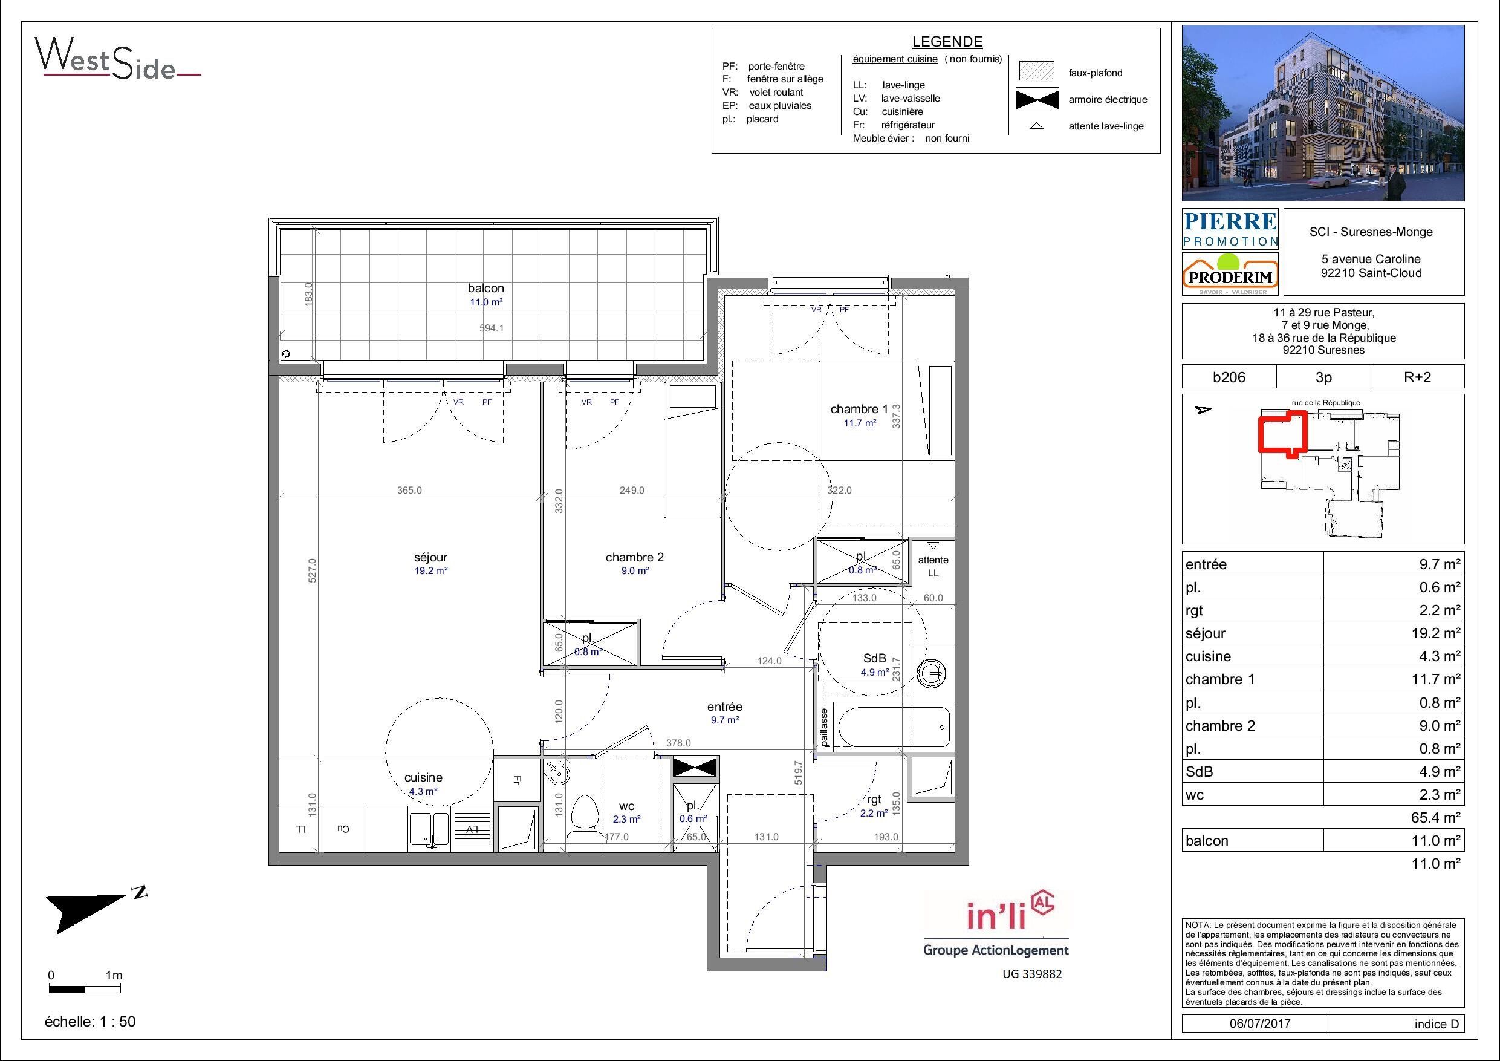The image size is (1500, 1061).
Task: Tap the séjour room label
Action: coord(430,558)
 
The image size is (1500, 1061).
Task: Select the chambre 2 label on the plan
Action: coord(634,558)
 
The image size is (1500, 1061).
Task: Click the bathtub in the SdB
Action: coord(891,727)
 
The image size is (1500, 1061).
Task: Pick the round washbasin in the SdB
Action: coord(930,673)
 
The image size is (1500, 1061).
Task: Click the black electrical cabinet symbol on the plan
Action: coord(695,767)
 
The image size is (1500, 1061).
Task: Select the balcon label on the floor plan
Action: coord(486,289)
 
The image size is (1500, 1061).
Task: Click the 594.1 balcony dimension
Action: coord(492,328)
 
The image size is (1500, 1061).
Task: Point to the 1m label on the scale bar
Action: coord(114,975)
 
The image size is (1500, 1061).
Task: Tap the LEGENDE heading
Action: coord(947,42)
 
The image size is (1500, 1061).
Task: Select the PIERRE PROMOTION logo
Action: coord(1230,228)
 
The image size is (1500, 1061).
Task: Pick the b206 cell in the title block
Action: coord(1229,377)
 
